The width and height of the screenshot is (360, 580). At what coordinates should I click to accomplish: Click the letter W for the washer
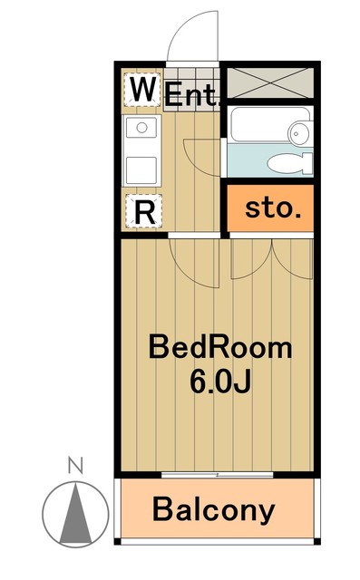[142, 91]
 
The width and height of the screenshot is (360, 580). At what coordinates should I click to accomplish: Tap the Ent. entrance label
[192, 93]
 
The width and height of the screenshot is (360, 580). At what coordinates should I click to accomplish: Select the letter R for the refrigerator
[143, 211]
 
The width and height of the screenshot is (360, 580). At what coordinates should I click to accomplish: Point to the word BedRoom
[220, 347]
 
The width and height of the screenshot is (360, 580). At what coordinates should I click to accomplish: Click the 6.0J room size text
[220, 381]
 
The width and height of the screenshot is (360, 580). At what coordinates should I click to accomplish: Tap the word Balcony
[213, 509]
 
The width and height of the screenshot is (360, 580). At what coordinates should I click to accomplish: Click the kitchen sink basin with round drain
[141, 131]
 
